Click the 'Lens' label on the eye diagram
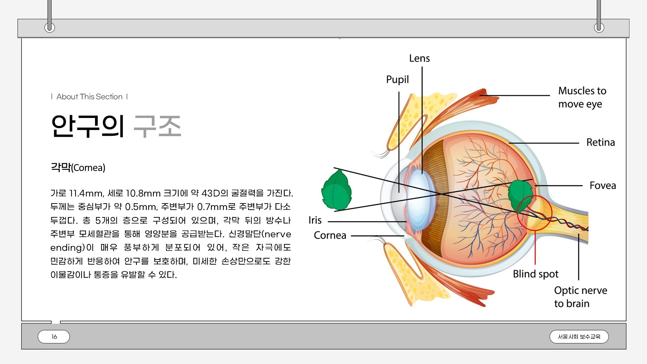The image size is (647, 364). pyautogui.click(x=419, y=58)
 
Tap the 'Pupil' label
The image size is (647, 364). pyautogui.click(x=397, y=80)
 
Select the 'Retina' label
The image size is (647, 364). pyautogui.click(x=600, y=142)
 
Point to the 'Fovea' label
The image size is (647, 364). pyautogui.click(x=603, y=185)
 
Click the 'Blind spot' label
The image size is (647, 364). pyautogui.click(x=535, y=274)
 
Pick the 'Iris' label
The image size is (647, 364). pyautogui.click(x=315, y=220)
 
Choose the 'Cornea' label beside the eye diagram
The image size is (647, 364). pyautogui.click(x=330, y=235)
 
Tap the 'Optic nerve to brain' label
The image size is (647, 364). pyautogui.click(x=580, y=297)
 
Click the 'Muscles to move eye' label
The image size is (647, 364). pyautogui.click(x=582, y=97)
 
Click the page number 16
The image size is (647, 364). pyautogui.click(x=54, y=337)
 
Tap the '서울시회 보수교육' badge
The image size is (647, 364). pyautogui.click(x=579, y=337)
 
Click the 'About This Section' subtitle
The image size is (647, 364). pyautogui.click(x=89, y=97)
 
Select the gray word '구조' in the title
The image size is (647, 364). pyautogui.click(x=157, y=126)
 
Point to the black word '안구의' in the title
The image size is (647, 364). pyautogui.click(x=88, y=126)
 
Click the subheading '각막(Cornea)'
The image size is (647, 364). pyautogui.click(x=78, y=167)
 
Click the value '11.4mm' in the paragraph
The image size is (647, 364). pyautogui.click(x=86, y=193)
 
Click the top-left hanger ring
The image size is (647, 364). pyautogui.click(x=50, y=27)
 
